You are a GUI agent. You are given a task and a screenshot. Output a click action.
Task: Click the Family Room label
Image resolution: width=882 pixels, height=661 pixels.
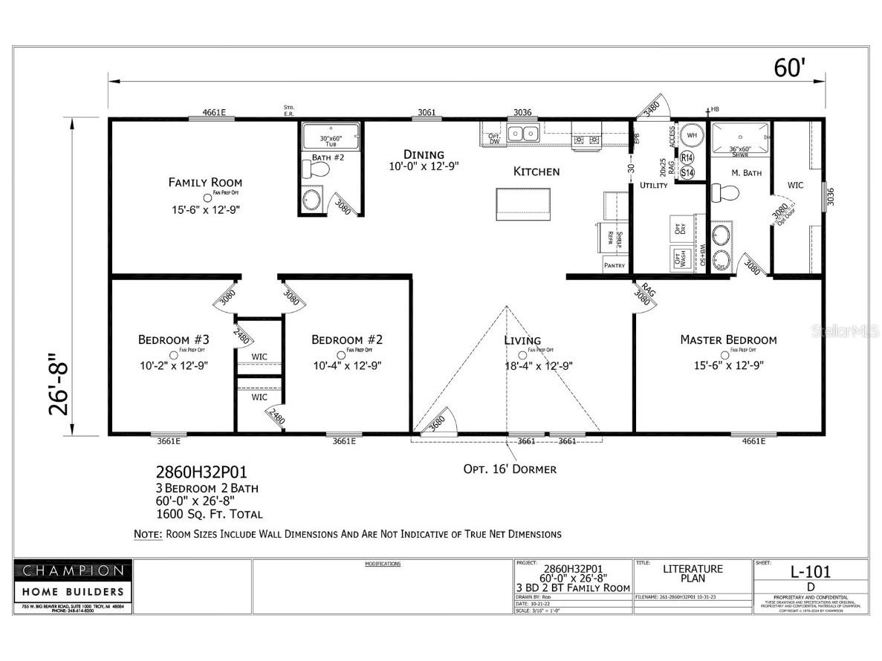pos(205,182)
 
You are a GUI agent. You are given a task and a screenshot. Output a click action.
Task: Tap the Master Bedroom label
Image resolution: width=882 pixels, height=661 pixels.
pos(728,339)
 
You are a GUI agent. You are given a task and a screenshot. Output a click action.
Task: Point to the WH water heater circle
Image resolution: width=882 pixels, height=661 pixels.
pos(691,135)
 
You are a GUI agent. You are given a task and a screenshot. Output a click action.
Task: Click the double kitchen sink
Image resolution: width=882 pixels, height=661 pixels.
pos(523,134)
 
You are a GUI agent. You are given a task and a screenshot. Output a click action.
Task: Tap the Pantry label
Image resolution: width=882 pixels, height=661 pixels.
pos(615,265)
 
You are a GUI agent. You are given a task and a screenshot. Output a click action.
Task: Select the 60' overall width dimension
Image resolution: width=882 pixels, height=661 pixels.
pos(789,68)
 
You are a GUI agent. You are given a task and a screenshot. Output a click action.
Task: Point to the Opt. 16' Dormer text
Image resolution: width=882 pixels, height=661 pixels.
pos(510,469)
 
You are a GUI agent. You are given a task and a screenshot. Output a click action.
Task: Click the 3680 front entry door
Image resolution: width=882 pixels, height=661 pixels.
pos(437,421)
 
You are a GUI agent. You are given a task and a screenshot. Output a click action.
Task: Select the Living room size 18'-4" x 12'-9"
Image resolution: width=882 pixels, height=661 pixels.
pos(538,365)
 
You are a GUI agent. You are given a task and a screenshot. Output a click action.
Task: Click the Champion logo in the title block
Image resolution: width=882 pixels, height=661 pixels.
pos(73,570)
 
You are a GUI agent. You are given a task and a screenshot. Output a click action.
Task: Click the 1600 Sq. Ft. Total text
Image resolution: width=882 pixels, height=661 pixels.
pos(209,513)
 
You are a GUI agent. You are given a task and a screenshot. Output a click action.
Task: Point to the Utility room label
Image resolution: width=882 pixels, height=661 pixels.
pos(654,185)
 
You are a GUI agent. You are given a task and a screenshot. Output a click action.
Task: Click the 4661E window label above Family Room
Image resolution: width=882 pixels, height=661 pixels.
pos(213,113)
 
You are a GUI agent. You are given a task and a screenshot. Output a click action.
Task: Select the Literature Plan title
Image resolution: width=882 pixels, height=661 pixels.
pos(693,573)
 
